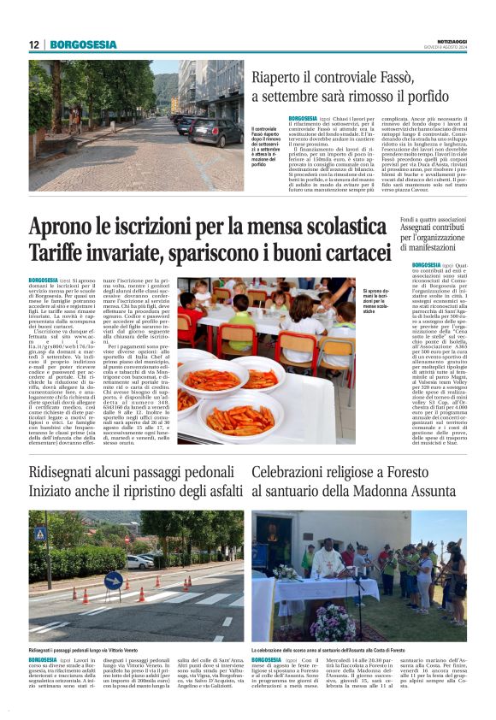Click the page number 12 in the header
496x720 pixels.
[34, 44]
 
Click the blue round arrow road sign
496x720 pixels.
[113, 580]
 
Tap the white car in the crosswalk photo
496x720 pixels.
[139, 562]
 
